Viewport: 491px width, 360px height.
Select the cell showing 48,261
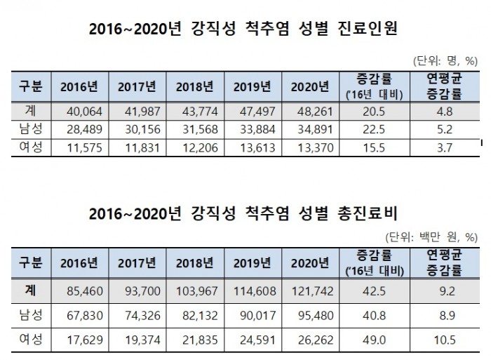click(309, 109)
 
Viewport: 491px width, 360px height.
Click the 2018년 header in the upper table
click(194, 86)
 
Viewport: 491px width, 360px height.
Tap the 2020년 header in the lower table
click(309, 262)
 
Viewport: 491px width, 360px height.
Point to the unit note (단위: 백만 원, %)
click(435, 237)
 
